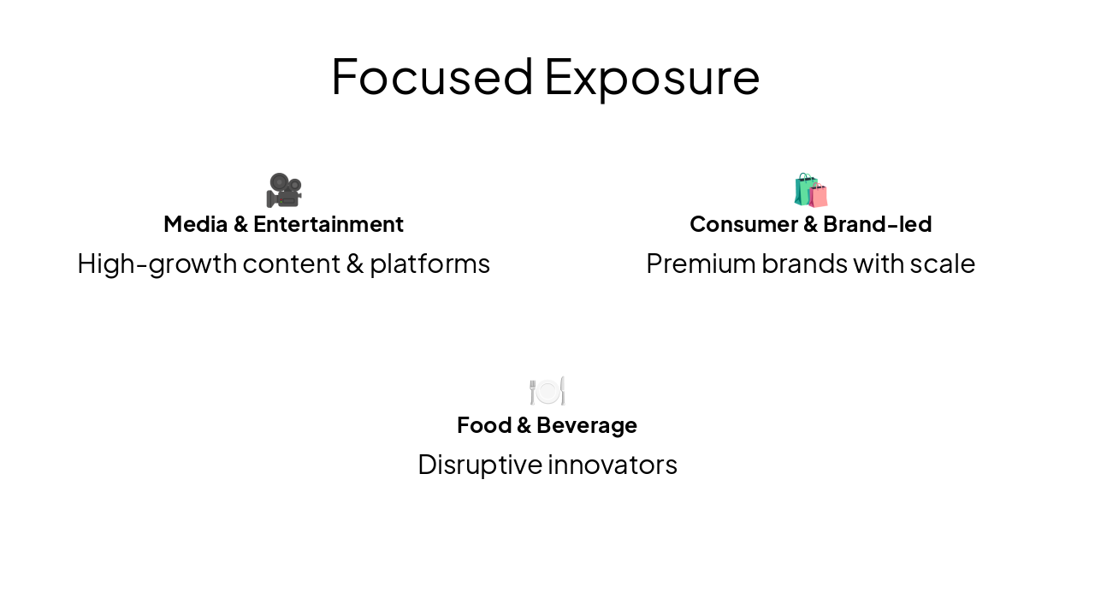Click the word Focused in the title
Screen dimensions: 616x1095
pyautogui.click(x=432, y=76)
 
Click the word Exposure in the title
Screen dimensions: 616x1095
pyautogui.click(x=652, y=76)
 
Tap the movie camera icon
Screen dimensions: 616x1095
pyautogui.click(x=284, y=190)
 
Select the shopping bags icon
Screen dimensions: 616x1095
pyautogui.click(x=810, y=190)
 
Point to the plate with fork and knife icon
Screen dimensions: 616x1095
pyautogui.click(x=547, y=391)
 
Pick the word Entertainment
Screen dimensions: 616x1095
pyautogui.click(x=328, y=224)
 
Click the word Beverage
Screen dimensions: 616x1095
pyautogui.click(x=587, y=425)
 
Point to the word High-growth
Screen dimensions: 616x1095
pyautogui.click(x=157, y=264)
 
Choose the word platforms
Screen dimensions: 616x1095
pyautogui.click(x=429, y=264)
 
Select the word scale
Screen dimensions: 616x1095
pyautogui.click(x=943, y=264)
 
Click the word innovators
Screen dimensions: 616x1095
pyautogui.click(x=613, y=465)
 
